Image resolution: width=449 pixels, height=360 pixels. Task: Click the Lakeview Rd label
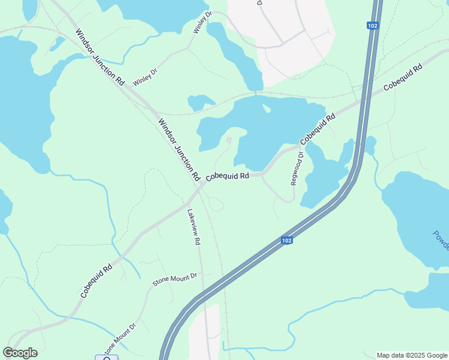(x=193, y=227)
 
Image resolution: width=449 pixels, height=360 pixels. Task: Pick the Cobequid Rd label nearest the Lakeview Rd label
(x=228, y=177)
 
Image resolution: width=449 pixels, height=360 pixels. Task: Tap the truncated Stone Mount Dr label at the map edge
(x=121, y=340)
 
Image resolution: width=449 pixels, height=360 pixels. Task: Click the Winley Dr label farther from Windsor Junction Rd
(x=202, y=22)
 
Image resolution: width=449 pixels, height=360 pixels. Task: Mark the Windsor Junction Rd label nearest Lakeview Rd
(x=179, y=150)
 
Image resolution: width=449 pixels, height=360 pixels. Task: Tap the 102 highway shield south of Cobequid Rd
(x=287, y=240)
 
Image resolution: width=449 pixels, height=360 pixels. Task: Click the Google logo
(x=20, y=353)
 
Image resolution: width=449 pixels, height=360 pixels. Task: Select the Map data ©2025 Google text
(x=412, y=355)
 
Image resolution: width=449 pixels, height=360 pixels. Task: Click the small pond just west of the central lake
(x=200, y=101)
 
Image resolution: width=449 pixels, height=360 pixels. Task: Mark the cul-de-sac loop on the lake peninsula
(x=229, y=141)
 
